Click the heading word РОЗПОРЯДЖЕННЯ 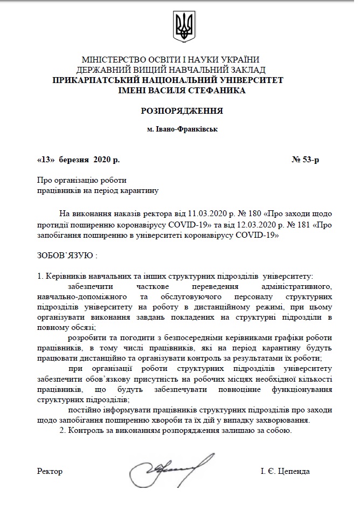(182, 112)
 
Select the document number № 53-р (306, 160)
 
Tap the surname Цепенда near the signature (293, 471)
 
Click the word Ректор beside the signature (50, 471)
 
